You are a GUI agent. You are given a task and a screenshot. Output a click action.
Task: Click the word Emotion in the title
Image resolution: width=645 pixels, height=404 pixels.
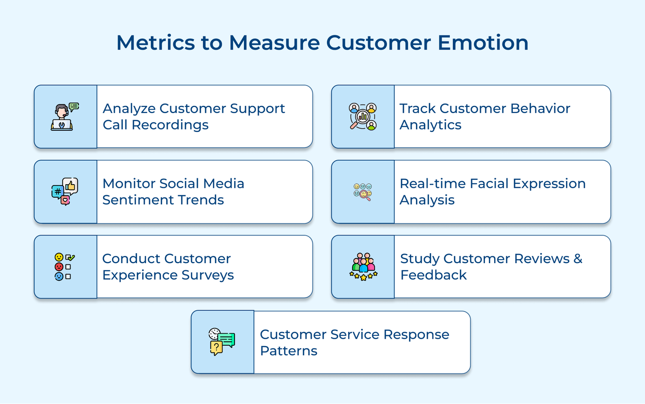483,43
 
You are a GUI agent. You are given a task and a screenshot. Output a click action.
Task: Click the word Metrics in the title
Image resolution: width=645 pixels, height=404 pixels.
155,43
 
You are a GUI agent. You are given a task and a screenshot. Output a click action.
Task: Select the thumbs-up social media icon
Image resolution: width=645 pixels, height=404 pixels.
65,191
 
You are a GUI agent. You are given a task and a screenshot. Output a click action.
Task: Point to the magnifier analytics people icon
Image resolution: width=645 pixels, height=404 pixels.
363,116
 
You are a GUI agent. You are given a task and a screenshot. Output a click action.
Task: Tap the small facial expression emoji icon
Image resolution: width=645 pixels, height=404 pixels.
363,192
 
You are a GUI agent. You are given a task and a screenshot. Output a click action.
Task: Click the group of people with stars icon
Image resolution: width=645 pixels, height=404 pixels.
363,267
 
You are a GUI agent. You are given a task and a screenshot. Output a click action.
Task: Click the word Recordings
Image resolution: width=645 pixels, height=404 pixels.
170,125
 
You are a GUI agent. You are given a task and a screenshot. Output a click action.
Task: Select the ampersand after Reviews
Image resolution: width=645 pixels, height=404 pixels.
578,258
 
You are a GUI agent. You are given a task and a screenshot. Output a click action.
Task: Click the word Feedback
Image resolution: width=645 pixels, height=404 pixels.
433,275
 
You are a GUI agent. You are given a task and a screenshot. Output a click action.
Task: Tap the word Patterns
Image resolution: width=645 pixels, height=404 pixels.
289,351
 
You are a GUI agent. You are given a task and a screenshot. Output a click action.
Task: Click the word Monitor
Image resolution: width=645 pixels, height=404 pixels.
129,183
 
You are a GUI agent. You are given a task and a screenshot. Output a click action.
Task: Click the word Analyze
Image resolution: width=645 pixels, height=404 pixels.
129,109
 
